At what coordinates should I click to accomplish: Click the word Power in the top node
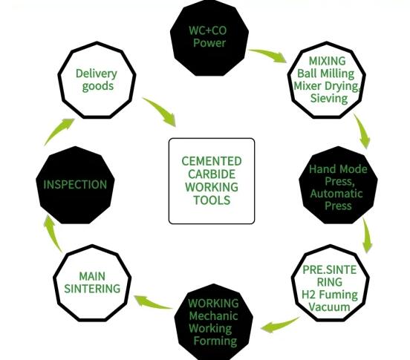tap(209, 43)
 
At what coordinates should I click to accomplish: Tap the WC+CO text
tap(208, 30)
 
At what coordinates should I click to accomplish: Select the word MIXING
tap(328, 61)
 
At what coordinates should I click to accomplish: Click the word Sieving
tap(329, 99)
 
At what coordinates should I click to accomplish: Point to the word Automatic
tap(336, 194)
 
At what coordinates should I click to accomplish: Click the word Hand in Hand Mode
tap(322, 169)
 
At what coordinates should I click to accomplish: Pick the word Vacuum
tap(330, 307)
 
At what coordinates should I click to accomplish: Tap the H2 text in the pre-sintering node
tap(308, 295)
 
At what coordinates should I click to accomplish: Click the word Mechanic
tap(213, 316)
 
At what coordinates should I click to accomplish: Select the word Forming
tap(215, 341)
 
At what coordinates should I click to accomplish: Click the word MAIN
tap(92, 276)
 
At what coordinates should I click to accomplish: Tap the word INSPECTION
tap(75, 185)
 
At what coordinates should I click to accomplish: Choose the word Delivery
tap(97, 73)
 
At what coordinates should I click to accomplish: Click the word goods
tap(98, 86)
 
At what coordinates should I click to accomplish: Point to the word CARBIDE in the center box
tap(212, 174)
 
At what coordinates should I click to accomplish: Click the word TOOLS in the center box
tap(212, 200)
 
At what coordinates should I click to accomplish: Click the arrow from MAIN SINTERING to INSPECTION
tap(51, 232)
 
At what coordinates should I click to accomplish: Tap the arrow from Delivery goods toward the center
tap(160, 111)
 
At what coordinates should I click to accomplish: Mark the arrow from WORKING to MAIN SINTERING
tap(153, 302)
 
